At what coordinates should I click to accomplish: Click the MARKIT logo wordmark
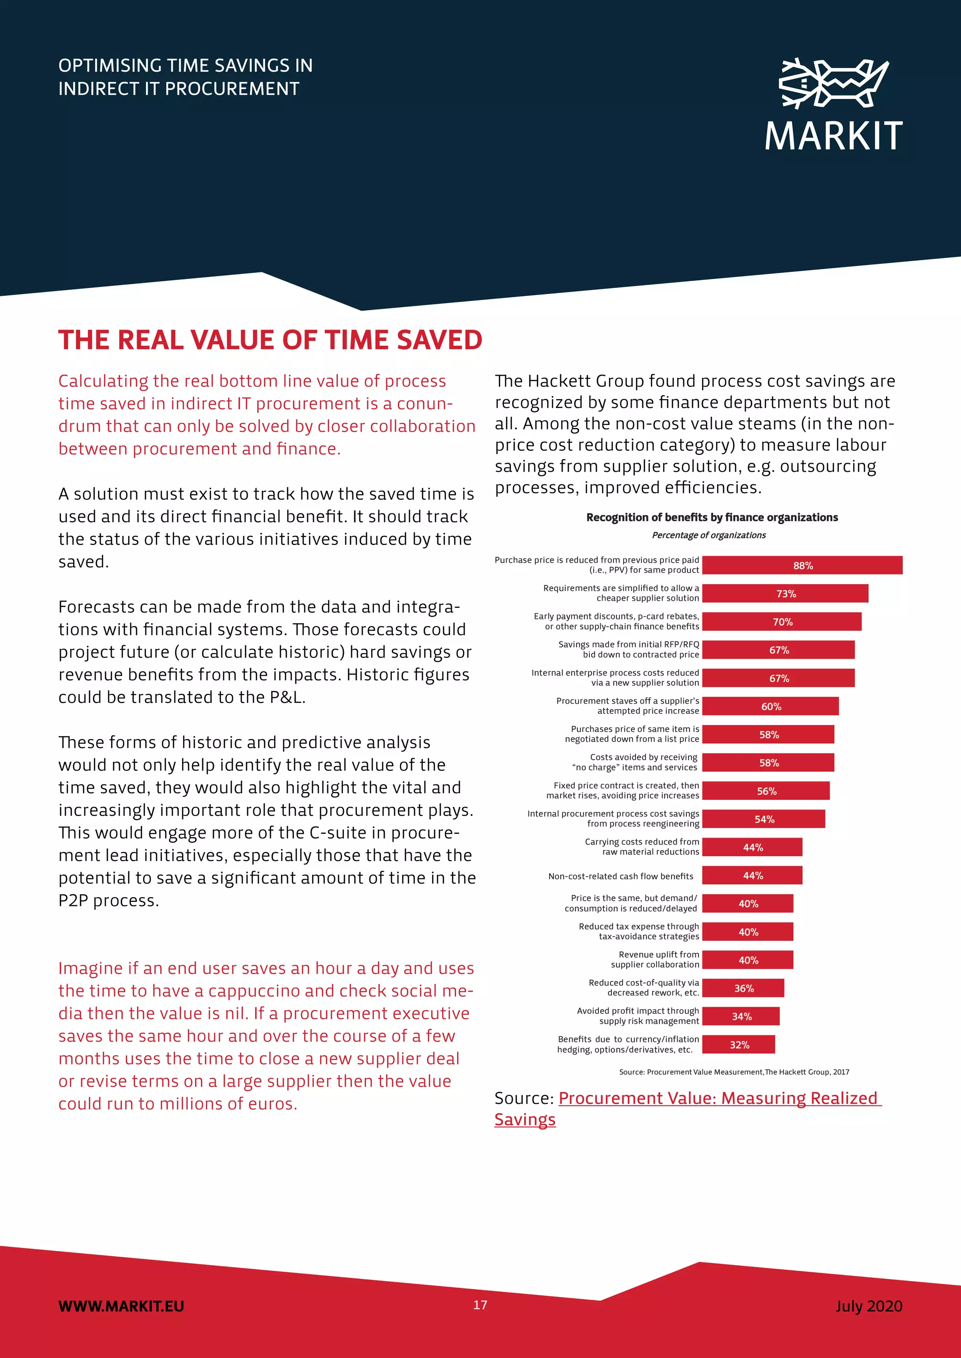click(x=833, y=136)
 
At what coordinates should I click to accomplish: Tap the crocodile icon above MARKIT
click(x=833, y=83)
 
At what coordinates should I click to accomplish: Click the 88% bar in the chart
click(x=802, y=566)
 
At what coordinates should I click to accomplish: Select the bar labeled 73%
click(x=785, y=593)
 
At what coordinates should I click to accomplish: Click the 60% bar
click(x=770, y=706)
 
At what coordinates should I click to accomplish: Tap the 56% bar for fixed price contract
click(x=766, y=791)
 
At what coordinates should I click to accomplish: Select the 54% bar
click(x=763, y=819)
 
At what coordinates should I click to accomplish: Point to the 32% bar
click(x=739, y=1044)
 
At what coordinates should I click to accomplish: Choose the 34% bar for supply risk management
click(x=740, y=1016)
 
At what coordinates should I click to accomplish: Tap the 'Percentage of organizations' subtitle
click(x=709, y=535)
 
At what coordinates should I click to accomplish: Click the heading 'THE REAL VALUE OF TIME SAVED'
click(x=270, y=340)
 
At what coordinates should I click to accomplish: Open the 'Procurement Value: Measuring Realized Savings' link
click(x=719, y=1098)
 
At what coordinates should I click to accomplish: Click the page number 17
click(x=480, y=1305)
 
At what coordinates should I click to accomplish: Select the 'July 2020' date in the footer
click(x=869, y=1306)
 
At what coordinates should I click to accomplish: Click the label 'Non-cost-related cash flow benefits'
click(x=620, y=876)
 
